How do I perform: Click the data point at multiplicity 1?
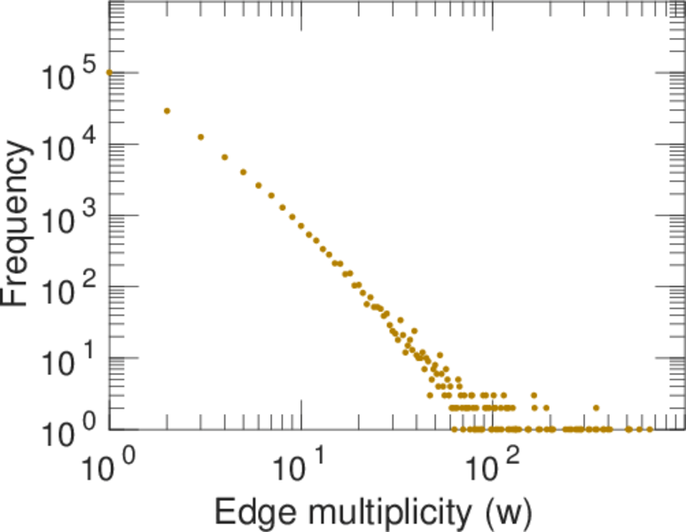tap(109, 73)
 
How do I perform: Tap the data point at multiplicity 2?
tap(167, 111)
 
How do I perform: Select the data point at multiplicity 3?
tap(201, 137)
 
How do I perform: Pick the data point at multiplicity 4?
tap(225, 157)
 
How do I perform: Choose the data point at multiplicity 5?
tap(243, 172)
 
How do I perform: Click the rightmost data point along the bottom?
tap(650, 429)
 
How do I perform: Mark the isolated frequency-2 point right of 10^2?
tap(596, 408)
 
